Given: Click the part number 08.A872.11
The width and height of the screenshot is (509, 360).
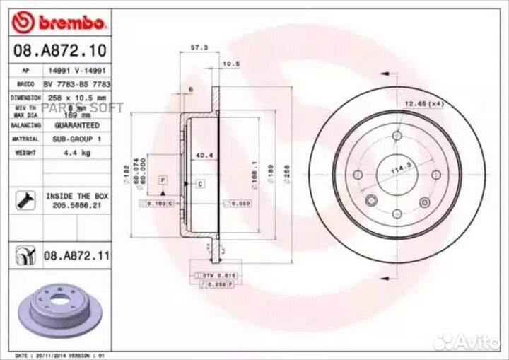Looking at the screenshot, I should pos(77,255).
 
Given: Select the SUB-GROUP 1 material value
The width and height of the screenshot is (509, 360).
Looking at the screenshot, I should pos(77,139).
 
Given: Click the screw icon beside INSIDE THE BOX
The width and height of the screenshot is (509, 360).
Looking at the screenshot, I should pos(21,201).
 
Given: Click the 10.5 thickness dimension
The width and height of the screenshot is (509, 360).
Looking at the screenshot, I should pos(231,64).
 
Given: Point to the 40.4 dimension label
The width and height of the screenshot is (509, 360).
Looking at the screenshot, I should pos(205,155).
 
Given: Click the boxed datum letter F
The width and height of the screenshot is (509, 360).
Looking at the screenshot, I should pos(162,182).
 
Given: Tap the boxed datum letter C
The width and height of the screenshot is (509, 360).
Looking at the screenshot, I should pos(200,184).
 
